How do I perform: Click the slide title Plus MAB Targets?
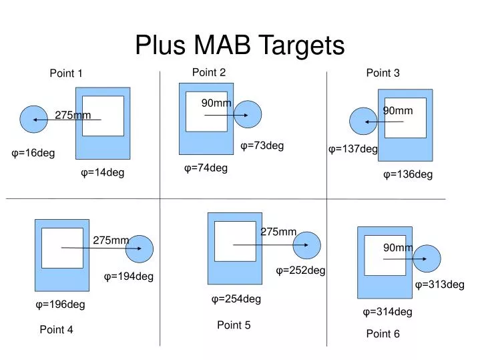click(x=240, y=45)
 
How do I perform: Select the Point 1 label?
click(x=66, y=73)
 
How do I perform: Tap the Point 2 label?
click(x=209, y=72)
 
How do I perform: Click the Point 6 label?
click(x=383, y=334)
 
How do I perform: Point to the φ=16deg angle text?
click(x=33, y=154)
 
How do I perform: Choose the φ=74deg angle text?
click(x=206, y=168)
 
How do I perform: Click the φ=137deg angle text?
click(x=352, y=149)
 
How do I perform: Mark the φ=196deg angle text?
click(x=60, y=305)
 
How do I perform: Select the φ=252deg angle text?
click(x=300, y=271)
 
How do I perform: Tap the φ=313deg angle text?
click(x=439, y=285)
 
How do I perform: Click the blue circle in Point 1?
click(x=34, y=120)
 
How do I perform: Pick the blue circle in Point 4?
click(x=140, y=249)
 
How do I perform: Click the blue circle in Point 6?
click(x=427, y=259)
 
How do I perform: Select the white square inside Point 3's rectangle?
click(x=405, y=118)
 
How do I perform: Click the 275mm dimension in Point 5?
click(x=278, y=232)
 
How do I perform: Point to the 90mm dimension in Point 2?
click(x=216, y=103)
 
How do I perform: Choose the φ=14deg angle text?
click(x=103, y=173)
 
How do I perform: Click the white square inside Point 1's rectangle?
click(x=103, y=116)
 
